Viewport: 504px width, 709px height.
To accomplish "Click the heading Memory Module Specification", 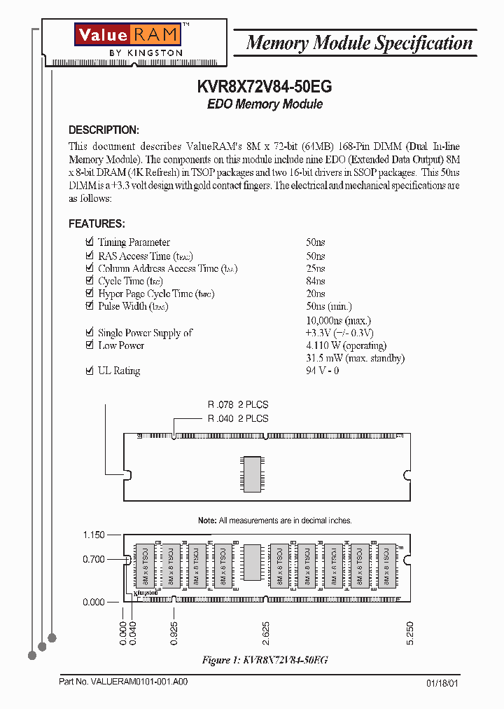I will (x=359, y=43).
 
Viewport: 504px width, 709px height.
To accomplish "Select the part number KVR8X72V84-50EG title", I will (x=265, y=87).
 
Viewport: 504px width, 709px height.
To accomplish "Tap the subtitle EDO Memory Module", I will (x=265, y=104).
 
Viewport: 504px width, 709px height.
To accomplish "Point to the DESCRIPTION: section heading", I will (x=104, y=130).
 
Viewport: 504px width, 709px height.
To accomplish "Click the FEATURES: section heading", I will (x=97, y=223).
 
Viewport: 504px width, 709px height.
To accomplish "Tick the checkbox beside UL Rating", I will (x=89, y=371).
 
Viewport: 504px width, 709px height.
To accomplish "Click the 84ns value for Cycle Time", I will (x=316, y=281).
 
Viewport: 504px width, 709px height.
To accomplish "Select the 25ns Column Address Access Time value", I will (x=316, y=268).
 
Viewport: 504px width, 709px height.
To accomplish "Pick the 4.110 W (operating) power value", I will (x=346, y=345).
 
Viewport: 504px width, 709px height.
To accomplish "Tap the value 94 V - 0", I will (x=323, y=371).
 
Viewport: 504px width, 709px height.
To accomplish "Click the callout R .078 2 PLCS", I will (x=237, y=404).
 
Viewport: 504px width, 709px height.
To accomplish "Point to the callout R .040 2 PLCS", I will (x=237, y=418).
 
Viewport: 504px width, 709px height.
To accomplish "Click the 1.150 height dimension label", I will (x=94, y=535).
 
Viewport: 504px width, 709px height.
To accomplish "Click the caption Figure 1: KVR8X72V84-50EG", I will (x=265, y=660).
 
